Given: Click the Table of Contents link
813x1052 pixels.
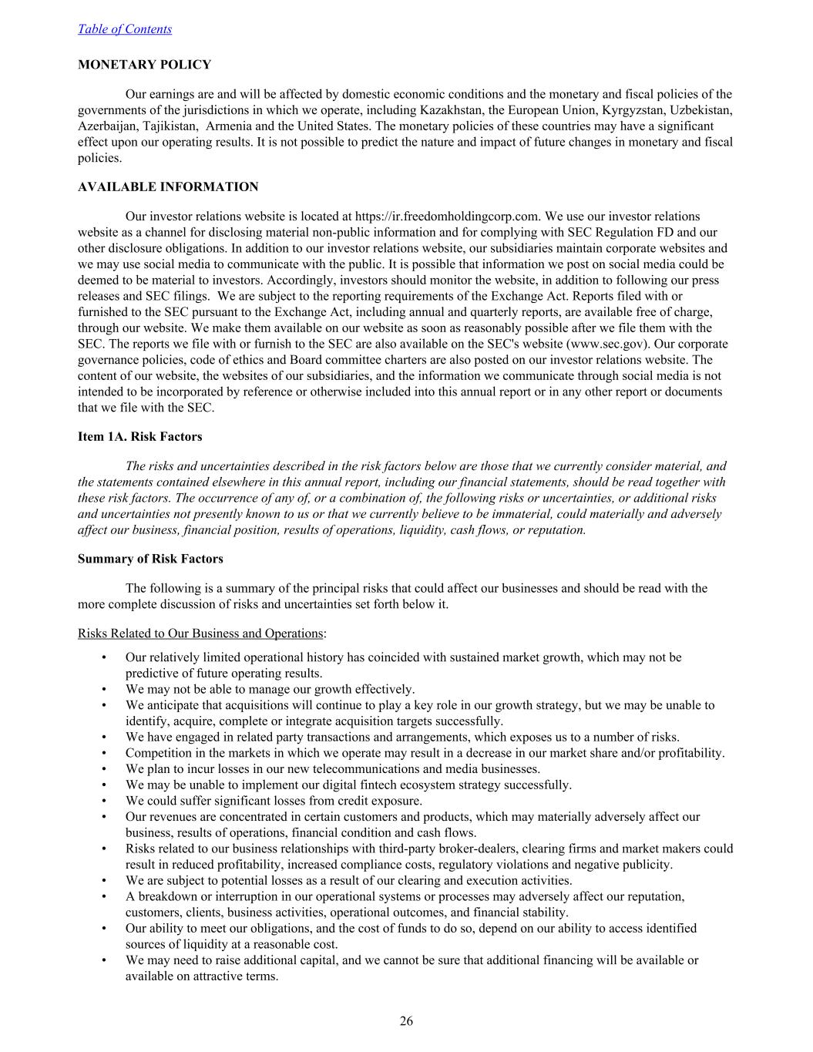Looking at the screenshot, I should tap(125, 29).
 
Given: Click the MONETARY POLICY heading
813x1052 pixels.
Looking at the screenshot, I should tap(144, 65).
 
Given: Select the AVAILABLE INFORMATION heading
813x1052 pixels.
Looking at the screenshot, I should tap(168, 187).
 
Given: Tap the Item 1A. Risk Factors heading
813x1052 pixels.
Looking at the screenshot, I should tap(139, 436).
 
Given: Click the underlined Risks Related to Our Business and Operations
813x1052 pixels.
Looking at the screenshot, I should tap(200, 634).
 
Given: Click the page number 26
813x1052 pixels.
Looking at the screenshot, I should tap(406, 1021).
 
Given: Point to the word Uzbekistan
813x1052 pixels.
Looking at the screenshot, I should tap(700, 110).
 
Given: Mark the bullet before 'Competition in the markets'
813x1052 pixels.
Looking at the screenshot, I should tap(104, 753).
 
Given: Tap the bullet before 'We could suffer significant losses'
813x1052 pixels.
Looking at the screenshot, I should tap(104, 801).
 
